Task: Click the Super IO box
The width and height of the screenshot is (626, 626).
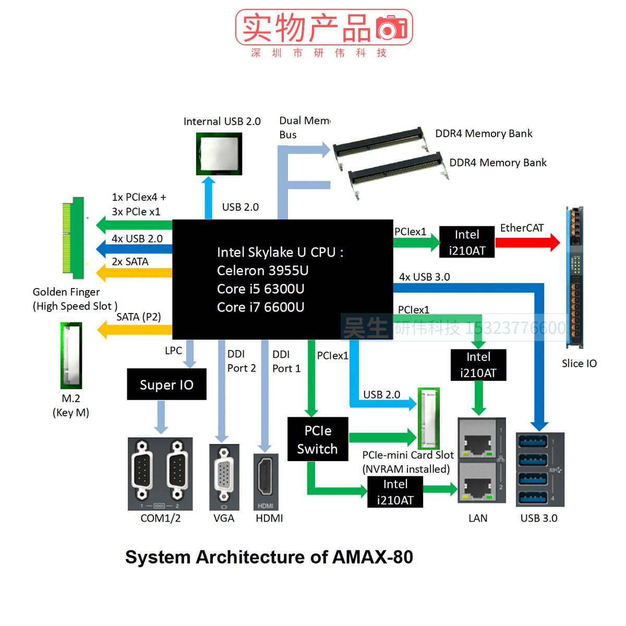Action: coord(166,384)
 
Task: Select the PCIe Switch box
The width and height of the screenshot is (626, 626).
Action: coord(318,439)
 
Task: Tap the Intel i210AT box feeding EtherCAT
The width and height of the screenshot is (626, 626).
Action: coord(467,242)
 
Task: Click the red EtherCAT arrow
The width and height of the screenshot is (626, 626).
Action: coord(527,242)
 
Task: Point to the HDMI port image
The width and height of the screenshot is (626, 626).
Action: coord(266,481)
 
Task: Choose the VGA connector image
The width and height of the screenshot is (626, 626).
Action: coord(224,476)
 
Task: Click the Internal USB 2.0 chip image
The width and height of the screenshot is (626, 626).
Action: coord(219,153)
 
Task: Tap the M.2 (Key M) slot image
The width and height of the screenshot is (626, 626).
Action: coord(71,355)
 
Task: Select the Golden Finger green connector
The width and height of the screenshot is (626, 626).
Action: coord(74,238)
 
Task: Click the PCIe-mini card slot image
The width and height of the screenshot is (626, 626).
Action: coord(429,418)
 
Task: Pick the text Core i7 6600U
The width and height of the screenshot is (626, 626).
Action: coord(260,307)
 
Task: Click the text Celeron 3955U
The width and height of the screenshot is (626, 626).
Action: coord(262,271)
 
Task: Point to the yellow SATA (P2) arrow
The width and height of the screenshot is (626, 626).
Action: coord(135,330)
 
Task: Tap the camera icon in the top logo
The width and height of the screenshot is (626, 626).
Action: coord(391,28)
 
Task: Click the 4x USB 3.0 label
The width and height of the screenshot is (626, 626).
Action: coord(424,277)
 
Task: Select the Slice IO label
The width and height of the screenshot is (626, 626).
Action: coord(579,364)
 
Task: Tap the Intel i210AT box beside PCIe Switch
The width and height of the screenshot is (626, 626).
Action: coord(395,492)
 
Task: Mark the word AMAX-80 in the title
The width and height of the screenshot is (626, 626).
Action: coord(372,557)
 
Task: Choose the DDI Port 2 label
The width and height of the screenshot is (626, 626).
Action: coord(241,361)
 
